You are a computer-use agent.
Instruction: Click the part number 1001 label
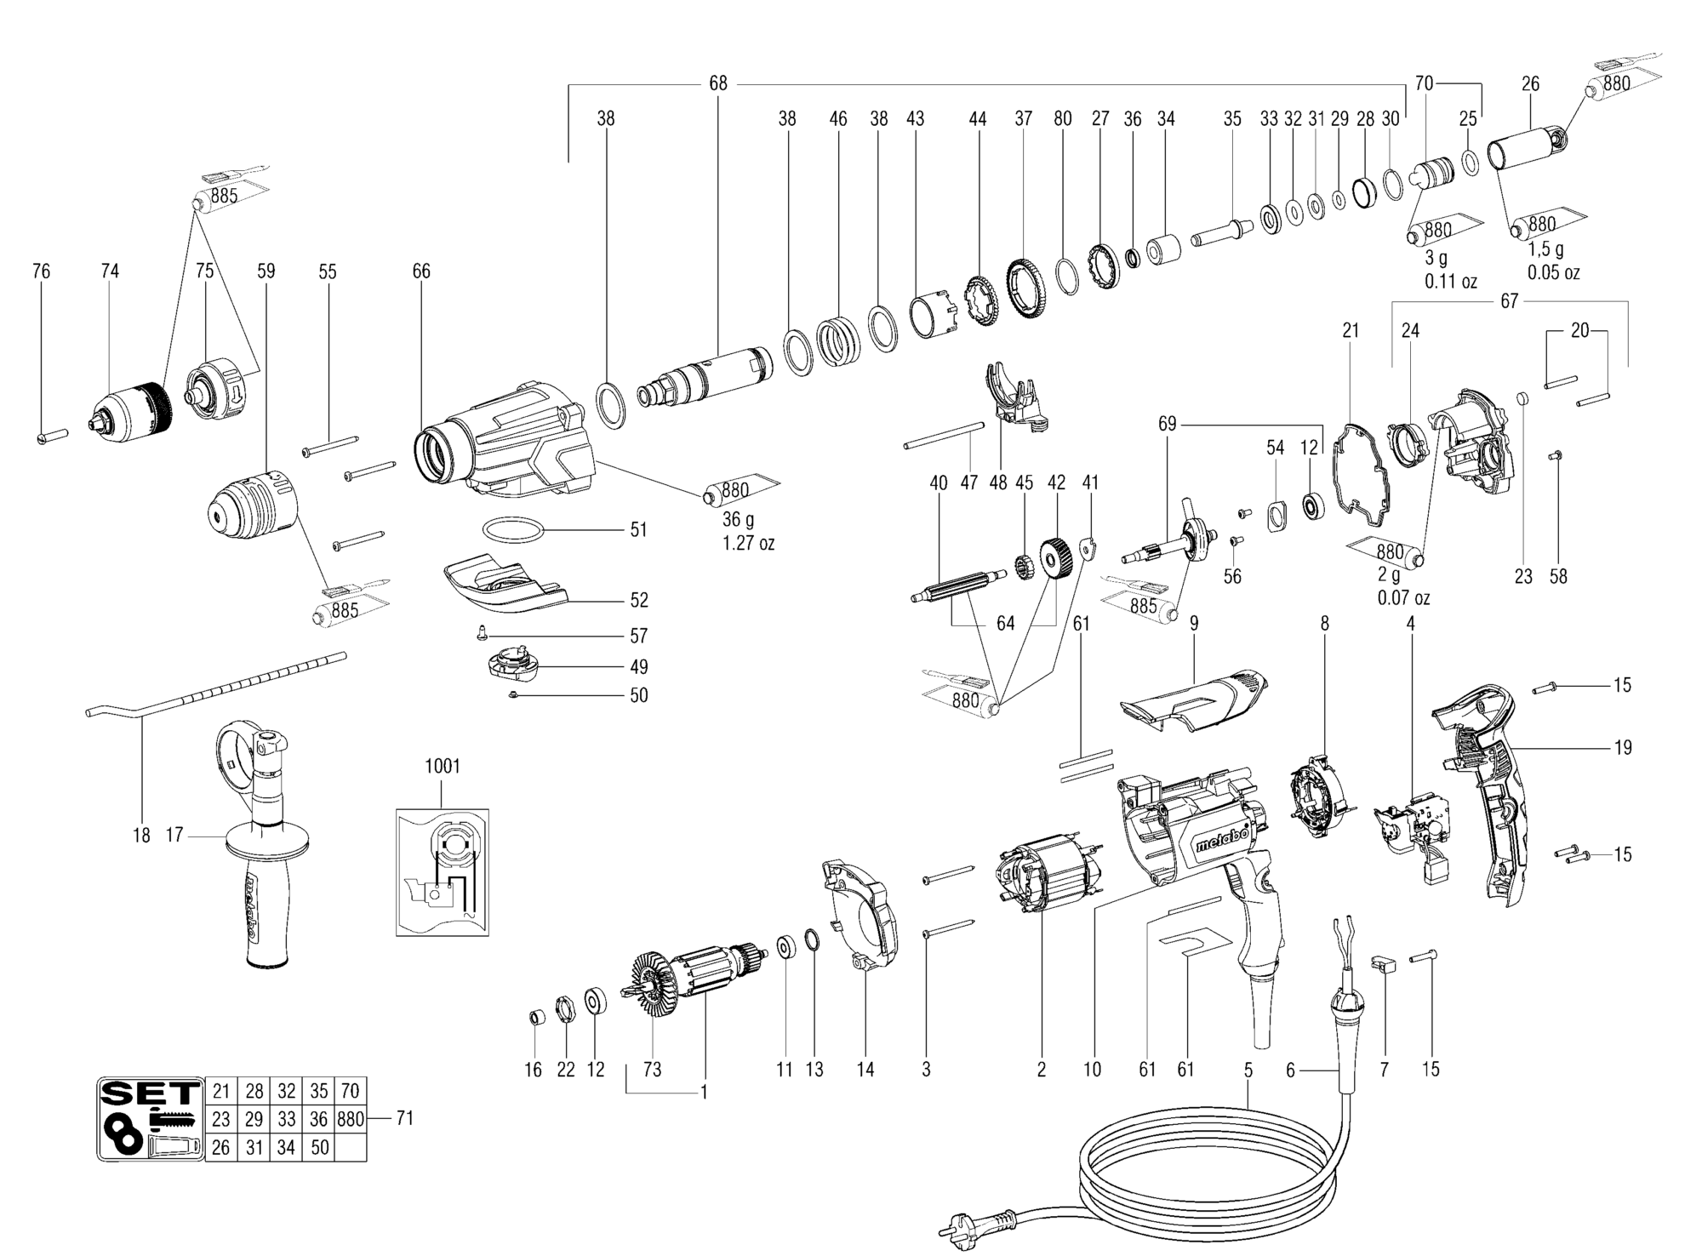[443, 766]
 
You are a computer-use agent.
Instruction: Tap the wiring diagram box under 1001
[443, 872]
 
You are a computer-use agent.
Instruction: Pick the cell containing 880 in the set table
[350, 1119]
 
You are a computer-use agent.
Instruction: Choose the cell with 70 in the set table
[350, 1091]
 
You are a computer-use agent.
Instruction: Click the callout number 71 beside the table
[404, 1118]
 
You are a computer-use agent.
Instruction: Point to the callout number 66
[421, 271]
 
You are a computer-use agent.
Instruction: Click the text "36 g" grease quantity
[738, 518]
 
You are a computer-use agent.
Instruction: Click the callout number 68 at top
[718, 83]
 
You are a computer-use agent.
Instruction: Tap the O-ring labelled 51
[512, 530]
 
